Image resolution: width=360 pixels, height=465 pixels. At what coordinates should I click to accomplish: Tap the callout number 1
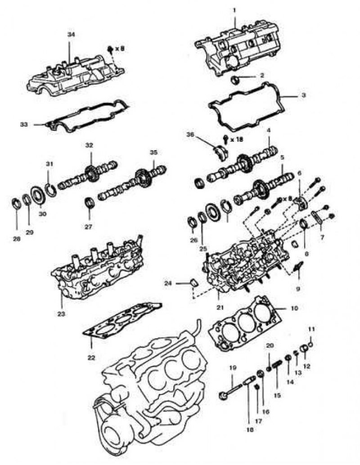click(x=234, y=9)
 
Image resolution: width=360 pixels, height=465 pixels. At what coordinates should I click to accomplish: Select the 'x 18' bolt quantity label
click(x=237, y=139)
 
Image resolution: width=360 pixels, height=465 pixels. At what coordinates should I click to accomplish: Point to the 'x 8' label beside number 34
click(x=119, y=48)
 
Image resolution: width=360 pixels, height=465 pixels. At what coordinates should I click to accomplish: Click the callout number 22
click(x=91, y=358)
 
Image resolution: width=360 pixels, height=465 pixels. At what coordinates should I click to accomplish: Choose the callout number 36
click(x=190, y=134)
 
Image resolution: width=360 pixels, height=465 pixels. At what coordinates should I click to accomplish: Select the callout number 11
click(x=310, y=330)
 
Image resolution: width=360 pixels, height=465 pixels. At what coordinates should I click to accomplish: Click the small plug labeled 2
click(x=236, y=80)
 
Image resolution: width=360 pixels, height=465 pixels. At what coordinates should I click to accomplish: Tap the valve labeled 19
click(x=228, y=391)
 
